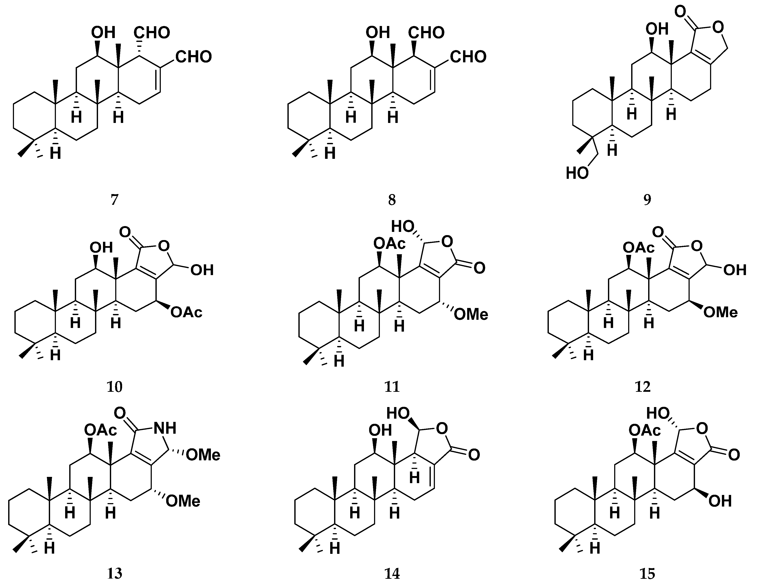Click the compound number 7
[115, 200]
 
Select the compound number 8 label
[392, 200]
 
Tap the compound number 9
[647, 200]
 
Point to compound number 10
[115, 386]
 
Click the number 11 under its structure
[392, 386]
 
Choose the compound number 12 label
[642, 386]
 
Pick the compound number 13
[115, 574]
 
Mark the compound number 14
[392, 574]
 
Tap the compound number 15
[647, 574]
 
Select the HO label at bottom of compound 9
[577, 173]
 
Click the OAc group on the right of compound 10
[186, 312]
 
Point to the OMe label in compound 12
[720, 312]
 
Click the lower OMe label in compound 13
[183, 501]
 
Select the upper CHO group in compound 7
[152, 33]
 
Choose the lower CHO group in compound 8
[468, 57]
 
